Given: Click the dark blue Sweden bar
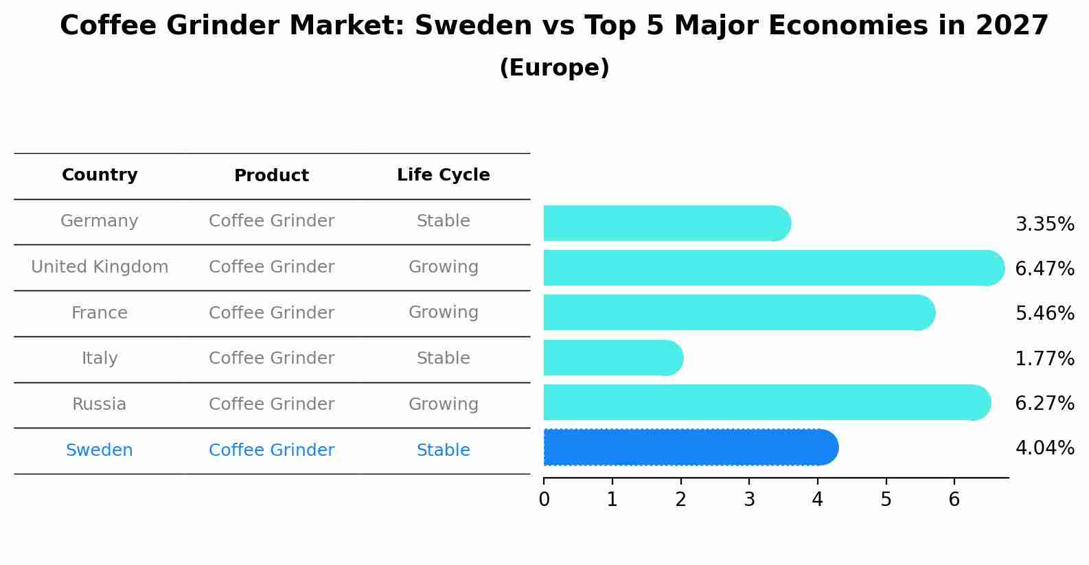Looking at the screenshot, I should (x=690, y=448).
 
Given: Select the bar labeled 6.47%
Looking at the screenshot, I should (x=773, y=268).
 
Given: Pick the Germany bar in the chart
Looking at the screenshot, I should (x=666, y=223).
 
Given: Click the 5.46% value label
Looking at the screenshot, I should (x=1044, y=314).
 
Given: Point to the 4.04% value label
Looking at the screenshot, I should (x=1044, y=448).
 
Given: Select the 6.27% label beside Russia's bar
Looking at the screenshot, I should (x=1044, y=403).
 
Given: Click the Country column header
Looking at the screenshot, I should (x=100, y=175).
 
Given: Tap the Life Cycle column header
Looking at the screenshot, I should (x=443, y=175).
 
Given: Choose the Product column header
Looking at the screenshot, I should (x=271, y=176).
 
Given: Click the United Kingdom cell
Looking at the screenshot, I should (x=100, y=267).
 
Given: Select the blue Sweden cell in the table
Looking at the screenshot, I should (x=100, y=450).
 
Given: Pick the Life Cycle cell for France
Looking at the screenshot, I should (x=443, y=312).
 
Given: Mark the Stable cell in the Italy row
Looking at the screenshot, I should (x=443, y=358).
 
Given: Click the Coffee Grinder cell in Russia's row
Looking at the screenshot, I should (x=271, y=404).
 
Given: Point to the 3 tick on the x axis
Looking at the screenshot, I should (x=749, y=500).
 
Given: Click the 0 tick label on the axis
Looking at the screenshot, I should (x=544, y=500).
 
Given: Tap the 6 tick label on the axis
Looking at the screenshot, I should (x=954, y=500).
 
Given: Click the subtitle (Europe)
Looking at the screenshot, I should (x=554, y=68).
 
